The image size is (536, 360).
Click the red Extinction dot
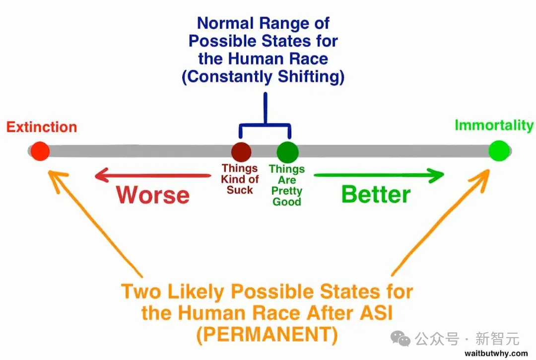pos(40,151)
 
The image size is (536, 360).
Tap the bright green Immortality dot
pos(498,151)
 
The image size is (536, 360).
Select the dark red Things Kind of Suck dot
pos(241,151)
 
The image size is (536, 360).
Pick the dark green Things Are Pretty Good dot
pos(287,151)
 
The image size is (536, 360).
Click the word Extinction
pos(42,127)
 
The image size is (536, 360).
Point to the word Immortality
pos(494,125)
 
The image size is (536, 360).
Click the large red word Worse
pos(153,195)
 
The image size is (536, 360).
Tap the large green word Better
pos(376,194)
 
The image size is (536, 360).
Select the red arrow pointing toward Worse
pos(151,174)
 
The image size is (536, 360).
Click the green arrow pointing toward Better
pos(380,175)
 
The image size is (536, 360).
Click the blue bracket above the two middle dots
pos(265,124)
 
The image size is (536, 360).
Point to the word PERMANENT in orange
pos(268,336)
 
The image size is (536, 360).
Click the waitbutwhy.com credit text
pos(496,354)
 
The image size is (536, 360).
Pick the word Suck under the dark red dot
pos(240,190)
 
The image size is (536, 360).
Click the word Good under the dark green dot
pos(286,202)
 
